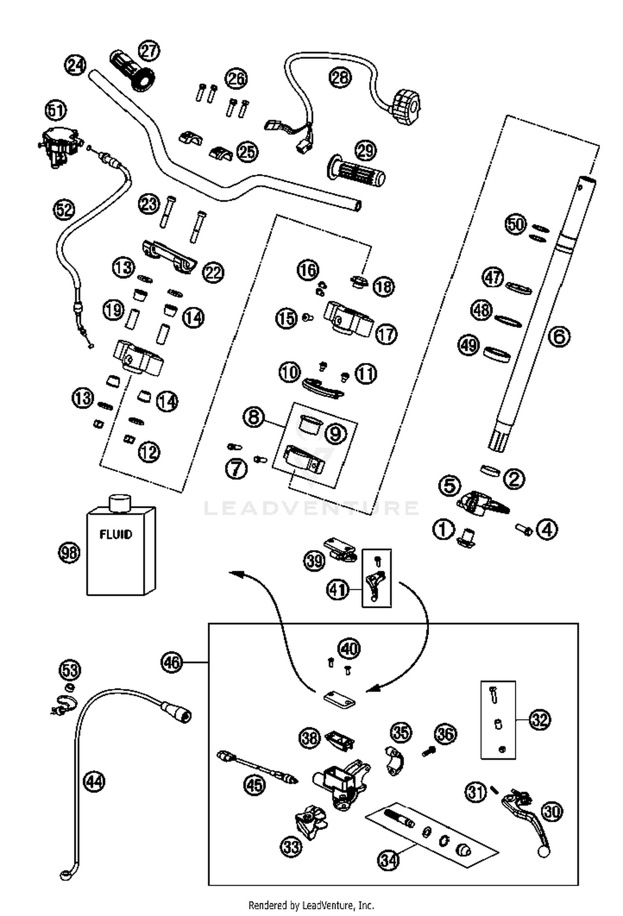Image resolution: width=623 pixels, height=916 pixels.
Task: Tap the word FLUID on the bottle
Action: click(116, 534)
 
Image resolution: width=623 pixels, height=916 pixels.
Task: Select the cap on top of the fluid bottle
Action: click(120, 503)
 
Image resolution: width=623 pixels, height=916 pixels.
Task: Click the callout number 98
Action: click(69, 553)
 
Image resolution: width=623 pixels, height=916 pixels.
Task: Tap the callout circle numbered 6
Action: click(559, 336)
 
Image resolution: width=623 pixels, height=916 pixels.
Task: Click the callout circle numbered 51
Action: click(56, 111)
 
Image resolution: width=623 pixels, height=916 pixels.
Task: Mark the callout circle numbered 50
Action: click(515, 224)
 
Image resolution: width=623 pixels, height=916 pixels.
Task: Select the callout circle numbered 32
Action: click(539, 720)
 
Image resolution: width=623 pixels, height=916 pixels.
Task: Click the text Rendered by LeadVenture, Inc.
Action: click(311, 905)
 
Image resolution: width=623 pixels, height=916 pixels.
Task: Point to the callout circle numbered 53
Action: click(70, 669)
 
